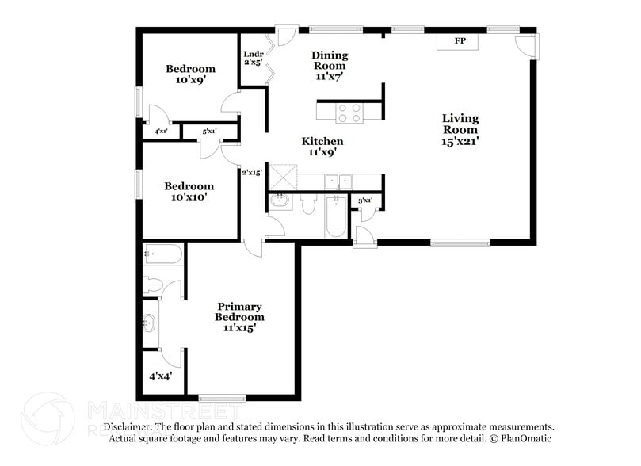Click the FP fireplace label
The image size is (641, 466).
click(460, 40)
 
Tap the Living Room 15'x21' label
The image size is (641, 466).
click(460, 129)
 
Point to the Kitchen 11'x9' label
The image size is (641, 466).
click(322, 147)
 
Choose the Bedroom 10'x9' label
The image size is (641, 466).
click(190, 74)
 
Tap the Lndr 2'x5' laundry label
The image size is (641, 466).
click(254, 58)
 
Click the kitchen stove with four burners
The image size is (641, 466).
click(349, 113)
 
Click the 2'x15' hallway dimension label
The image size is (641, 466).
click(252, 171)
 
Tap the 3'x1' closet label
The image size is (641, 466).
click(365, 201)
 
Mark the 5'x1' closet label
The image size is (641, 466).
click(209, 131)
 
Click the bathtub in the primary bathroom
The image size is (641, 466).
click(163, 254)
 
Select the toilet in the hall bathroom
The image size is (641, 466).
click(310, 204)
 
